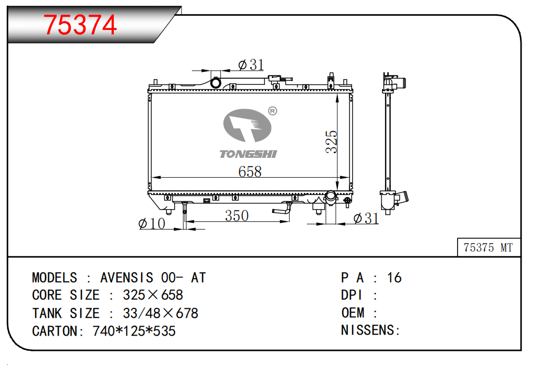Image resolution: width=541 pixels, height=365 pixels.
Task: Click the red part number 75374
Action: coord(80,25)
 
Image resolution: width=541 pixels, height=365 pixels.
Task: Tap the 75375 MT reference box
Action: coord(489,247)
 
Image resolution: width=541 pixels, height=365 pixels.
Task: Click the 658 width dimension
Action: coord(250,171)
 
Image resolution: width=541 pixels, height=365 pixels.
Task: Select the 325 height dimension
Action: coord(331,141)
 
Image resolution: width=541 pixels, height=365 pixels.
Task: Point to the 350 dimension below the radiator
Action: coord(237,216)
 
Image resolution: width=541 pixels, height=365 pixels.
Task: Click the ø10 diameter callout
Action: coord(152,223)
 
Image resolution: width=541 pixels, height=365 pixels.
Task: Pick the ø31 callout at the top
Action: coord(251,65)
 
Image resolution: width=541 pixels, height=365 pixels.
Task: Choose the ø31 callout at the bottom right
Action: coord(366,218)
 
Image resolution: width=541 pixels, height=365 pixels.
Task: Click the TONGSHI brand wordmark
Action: coord(248,154)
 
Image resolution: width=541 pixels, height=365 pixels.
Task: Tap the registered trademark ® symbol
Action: coord(272,111)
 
